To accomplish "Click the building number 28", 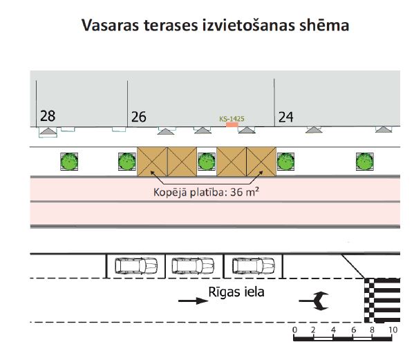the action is [x=48, y=116].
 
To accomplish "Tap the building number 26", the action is [x=139, y=117].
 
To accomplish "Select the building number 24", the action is [x=285, y=117].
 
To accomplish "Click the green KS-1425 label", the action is [x=232, y=119].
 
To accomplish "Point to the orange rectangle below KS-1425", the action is [x=232, y=124].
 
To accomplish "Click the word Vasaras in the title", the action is [x=110, y=26].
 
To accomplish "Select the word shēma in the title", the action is [x=324, y=26].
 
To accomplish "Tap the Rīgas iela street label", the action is [x=236, y=292].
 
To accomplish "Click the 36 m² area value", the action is [x=245, y=192].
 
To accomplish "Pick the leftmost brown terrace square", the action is [x=152, y=162].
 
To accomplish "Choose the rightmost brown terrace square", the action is [x=261, y=162].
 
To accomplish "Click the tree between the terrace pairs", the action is [x=207, y=162].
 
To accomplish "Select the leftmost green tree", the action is [x=69, y=162].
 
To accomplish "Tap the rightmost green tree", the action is [x=365, y=162].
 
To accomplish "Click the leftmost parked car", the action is [x=136, y=265].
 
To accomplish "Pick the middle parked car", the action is [x=193, y=265].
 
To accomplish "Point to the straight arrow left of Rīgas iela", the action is [x=194, y=301].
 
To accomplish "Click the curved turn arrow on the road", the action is [x=314, y=301].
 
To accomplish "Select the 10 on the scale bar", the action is [x=393, y=330].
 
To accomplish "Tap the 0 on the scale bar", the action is [x=294, y=330].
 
